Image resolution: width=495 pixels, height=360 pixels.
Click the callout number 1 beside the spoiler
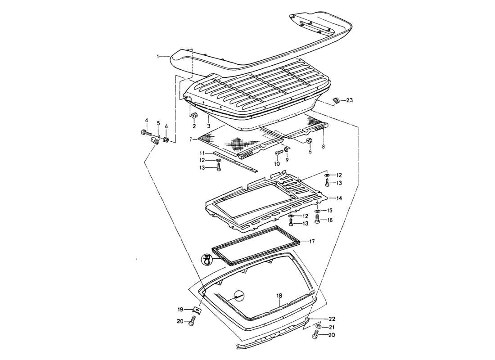click(x=158, y=57)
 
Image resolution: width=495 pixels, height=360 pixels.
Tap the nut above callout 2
click(x=195, y=117)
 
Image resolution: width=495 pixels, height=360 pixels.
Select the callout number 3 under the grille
click(x=209, y=126)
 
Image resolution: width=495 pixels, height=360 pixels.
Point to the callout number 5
click(x=158, y=123)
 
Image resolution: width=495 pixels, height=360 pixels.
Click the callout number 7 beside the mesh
click(x=191, y=139)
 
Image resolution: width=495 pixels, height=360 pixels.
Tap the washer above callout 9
click(x=286, y=149)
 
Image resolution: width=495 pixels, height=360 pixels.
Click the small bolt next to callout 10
click(x=279, y=153)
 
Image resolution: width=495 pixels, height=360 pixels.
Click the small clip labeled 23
click(x=335, y=100)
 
